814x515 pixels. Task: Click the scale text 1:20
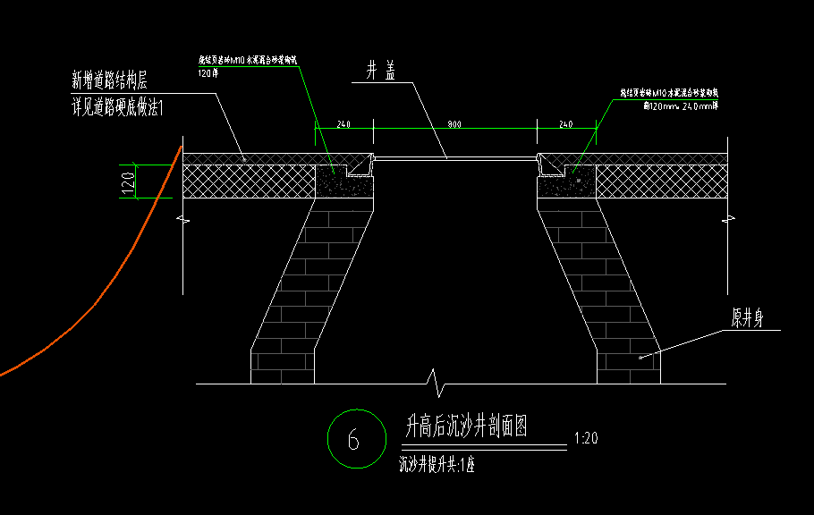(586, 439)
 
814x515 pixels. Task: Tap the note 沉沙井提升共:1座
(436, 465)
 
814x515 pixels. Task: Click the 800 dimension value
(454, 125)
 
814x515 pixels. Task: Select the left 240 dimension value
(343, 125)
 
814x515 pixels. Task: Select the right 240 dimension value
(566, 125)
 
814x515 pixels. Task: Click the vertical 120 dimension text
(129, 182)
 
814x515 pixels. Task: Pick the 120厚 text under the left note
(208, 73)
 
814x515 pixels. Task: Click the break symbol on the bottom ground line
(436, 384)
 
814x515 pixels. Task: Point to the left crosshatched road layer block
(249, 181)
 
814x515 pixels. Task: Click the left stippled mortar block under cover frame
(343, 184)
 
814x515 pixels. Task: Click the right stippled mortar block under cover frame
(565, 184)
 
